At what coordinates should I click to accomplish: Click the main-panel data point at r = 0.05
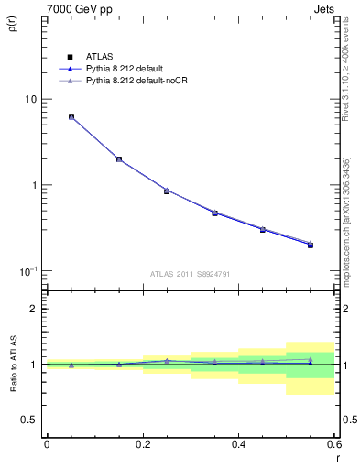coord(71,117)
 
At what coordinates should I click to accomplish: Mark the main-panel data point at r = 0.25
coord(167,191)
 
